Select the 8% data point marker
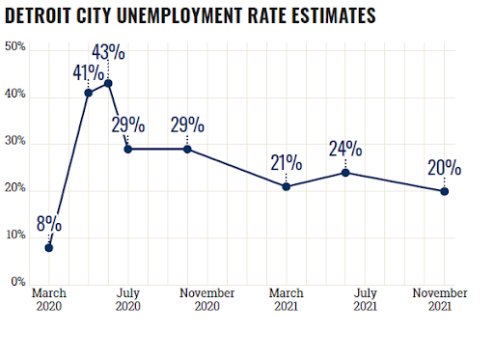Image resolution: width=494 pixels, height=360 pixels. click(x=49, y=248)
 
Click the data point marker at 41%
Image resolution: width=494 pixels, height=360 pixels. click(x=89, y=93)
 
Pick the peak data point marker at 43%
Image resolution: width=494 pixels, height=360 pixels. click(x=108, y=83)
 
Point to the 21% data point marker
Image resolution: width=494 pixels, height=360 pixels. click(x=287, y=186)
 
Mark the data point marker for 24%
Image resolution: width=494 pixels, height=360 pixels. click(x=345, y=173)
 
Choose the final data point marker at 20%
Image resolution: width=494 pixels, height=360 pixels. click(x=444, y=191)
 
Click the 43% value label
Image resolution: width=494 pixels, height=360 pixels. click(x=109, y=51)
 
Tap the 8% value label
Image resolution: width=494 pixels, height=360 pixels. click(x=49, y=225)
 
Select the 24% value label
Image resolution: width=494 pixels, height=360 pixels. click(x=345, y=149)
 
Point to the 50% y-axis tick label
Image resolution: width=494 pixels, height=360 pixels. click(x=14, y=47)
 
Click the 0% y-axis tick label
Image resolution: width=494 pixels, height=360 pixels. click(x=17, y=283)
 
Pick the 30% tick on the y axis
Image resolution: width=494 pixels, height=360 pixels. click(x=14, y=142)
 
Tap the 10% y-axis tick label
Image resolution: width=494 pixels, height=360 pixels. click(x=14, y=235)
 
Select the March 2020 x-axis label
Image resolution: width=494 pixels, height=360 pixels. click(x=49, y=299)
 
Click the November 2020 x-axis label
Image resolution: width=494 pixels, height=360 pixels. click(x=207, y=299)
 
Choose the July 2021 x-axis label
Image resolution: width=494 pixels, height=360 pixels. click(x=365, y=299)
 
